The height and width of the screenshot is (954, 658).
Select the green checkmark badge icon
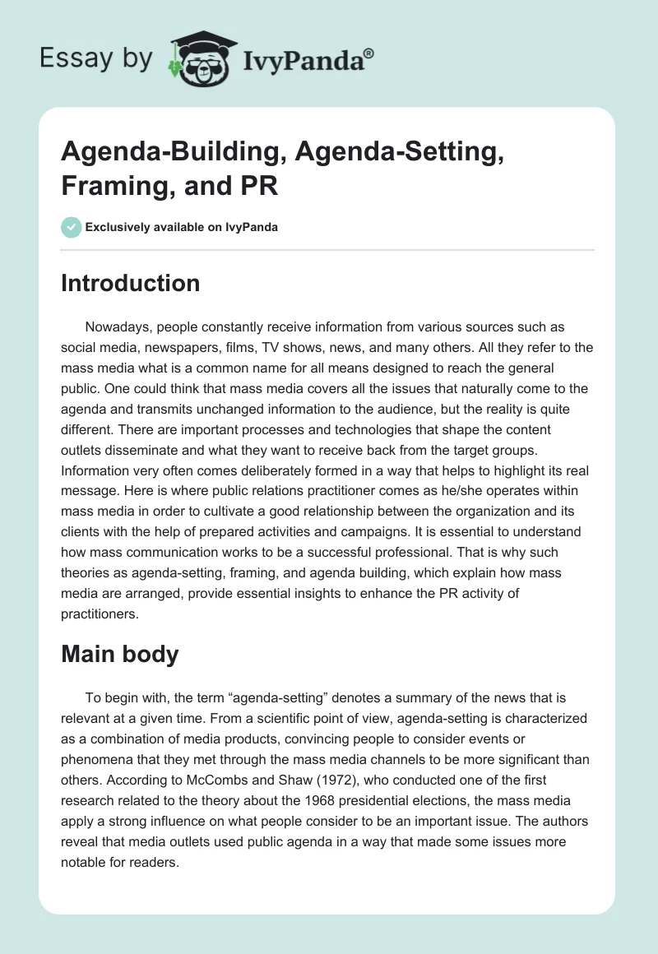(72, 227)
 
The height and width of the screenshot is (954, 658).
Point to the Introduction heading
(131, 283)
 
